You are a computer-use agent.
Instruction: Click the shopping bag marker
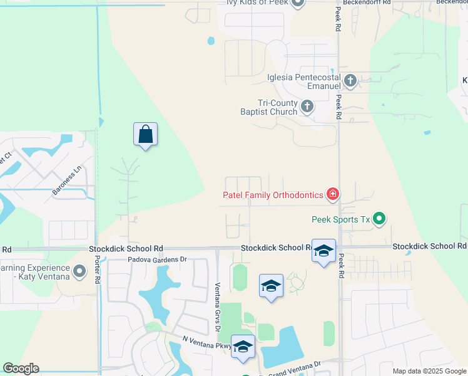click(x=145, y=134)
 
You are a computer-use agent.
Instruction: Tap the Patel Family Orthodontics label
click(x=273, y=195)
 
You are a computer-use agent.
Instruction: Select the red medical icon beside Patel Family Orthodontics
click(x=333, y=194)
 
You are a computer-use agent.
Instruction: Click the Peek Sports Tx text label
click(x=341, y=219)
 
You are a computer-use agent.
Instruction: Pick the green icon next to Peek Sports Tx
click(x=379, y=219)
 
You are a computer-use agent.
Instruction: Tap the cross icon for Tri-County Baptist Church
click(x=307, y=107)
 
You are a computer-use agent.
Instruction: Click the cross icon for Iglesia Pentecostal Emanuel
click(x=350, y=80)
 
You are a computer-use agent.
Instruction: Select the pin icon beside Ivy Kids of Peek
click(x=298, y=3)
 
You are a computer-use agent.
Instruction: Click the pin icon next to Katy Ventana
click(x=79, y=271)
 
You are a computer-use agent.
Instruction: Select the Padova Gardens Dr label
click(x=158, y=259)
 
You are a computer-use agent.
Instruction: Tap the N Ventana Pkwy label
click(x=206, y=342)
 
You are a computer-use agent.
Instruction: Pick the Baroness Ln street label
click(x=67, y=180)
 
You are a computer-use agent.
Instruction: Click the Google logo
click(x=21, y=368)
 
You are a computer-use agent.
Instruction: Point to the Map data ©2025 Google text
click(x=429, y=371)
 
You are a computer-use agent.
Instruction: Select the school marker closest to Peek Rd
click(x=323, y=251)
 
